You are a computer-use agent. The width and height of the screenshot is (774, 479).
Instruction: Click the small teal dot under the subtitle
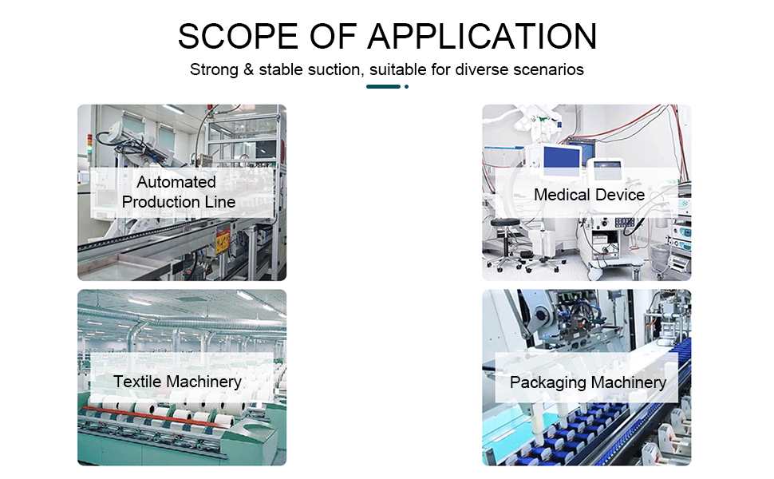[x=406, y=86]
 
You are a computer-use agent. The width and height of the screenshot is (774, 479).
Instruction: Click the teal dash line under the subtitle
[x=383, y=86]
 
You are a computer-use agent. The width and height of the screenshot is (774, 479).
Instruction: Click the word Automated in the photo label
[x=176, y=182]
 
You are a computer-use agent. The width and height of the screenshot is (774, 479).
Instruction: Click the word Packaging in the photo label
[x=547, y=382]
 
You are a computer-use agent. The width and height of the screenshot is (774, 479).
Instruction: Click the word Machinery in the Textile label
[x=204, y=382]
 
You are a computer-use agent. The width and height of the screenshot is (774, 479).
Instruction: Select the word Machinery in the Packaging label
[x=626, y=382]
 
